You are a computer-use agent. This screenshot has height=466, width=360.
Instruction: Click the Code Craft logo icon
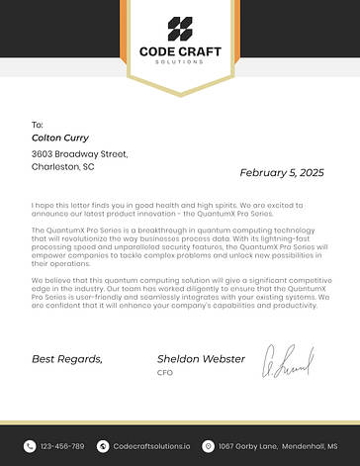tap(180, 29)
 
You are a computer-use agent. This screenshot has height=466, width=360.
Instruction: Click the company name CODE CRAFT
tap(180, 51)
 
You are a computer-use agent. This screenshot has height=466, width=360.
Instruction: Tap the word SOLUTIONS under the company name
tap(180, 61)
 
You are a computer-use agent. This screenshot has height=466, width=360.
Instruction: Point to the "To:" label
tap(38, 125)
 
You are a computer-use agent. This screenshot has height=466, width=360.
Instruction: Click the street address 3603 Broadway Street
tap(80, 154)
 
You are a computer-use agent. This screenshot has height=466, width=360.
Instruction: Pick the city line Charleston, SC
tap(63, 167)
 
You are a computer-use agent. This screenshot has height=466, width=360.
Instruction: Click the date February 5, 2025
tap(282, 172)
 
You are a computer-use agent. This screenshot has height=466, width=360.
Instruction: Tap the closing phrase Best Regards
tap(67, 358)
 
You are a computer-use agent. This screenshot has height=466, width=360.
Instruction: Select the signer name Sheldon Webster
tap(202, 358)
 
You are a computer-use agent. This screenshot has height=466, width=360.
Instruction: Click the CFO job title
tap(164, 373)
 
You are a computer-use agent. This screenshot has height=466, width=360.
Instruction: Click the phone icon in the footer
tap(30, 446)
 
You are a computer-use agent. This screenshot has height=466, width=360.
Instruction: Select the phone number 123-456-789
tap(62, 446)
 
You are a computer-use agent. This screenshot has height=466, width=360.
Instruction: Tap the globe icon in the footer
tap(104, 446)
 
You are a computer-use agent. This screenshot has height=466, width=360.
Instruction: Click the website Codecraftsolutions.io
tap(153, 446)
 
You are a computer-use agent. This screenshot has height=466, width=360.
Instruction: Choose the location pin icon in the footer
tap(208, 446)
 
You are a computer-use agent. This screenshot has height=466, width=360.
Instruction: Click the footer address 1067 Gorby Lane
tap(277, 446)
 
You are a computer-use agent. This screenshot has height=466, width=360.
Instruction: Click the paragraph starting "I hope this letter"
tap(173, 208)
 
